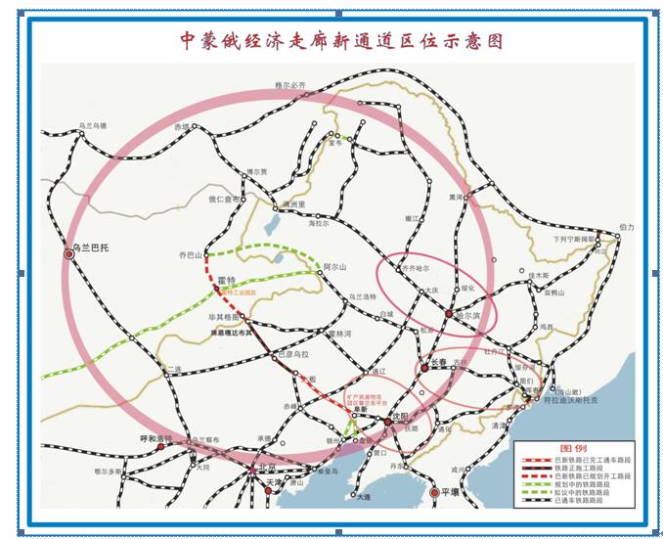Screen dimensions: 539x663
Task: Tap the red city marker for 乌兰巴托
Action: pos(69,252)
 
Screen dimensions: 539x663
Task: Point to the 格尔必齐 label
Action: pos(290,86)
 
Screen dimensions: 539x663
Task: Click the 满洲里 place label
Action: pos(294,204)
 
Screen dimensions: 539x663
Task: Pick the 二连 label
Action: pos(174,369)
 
